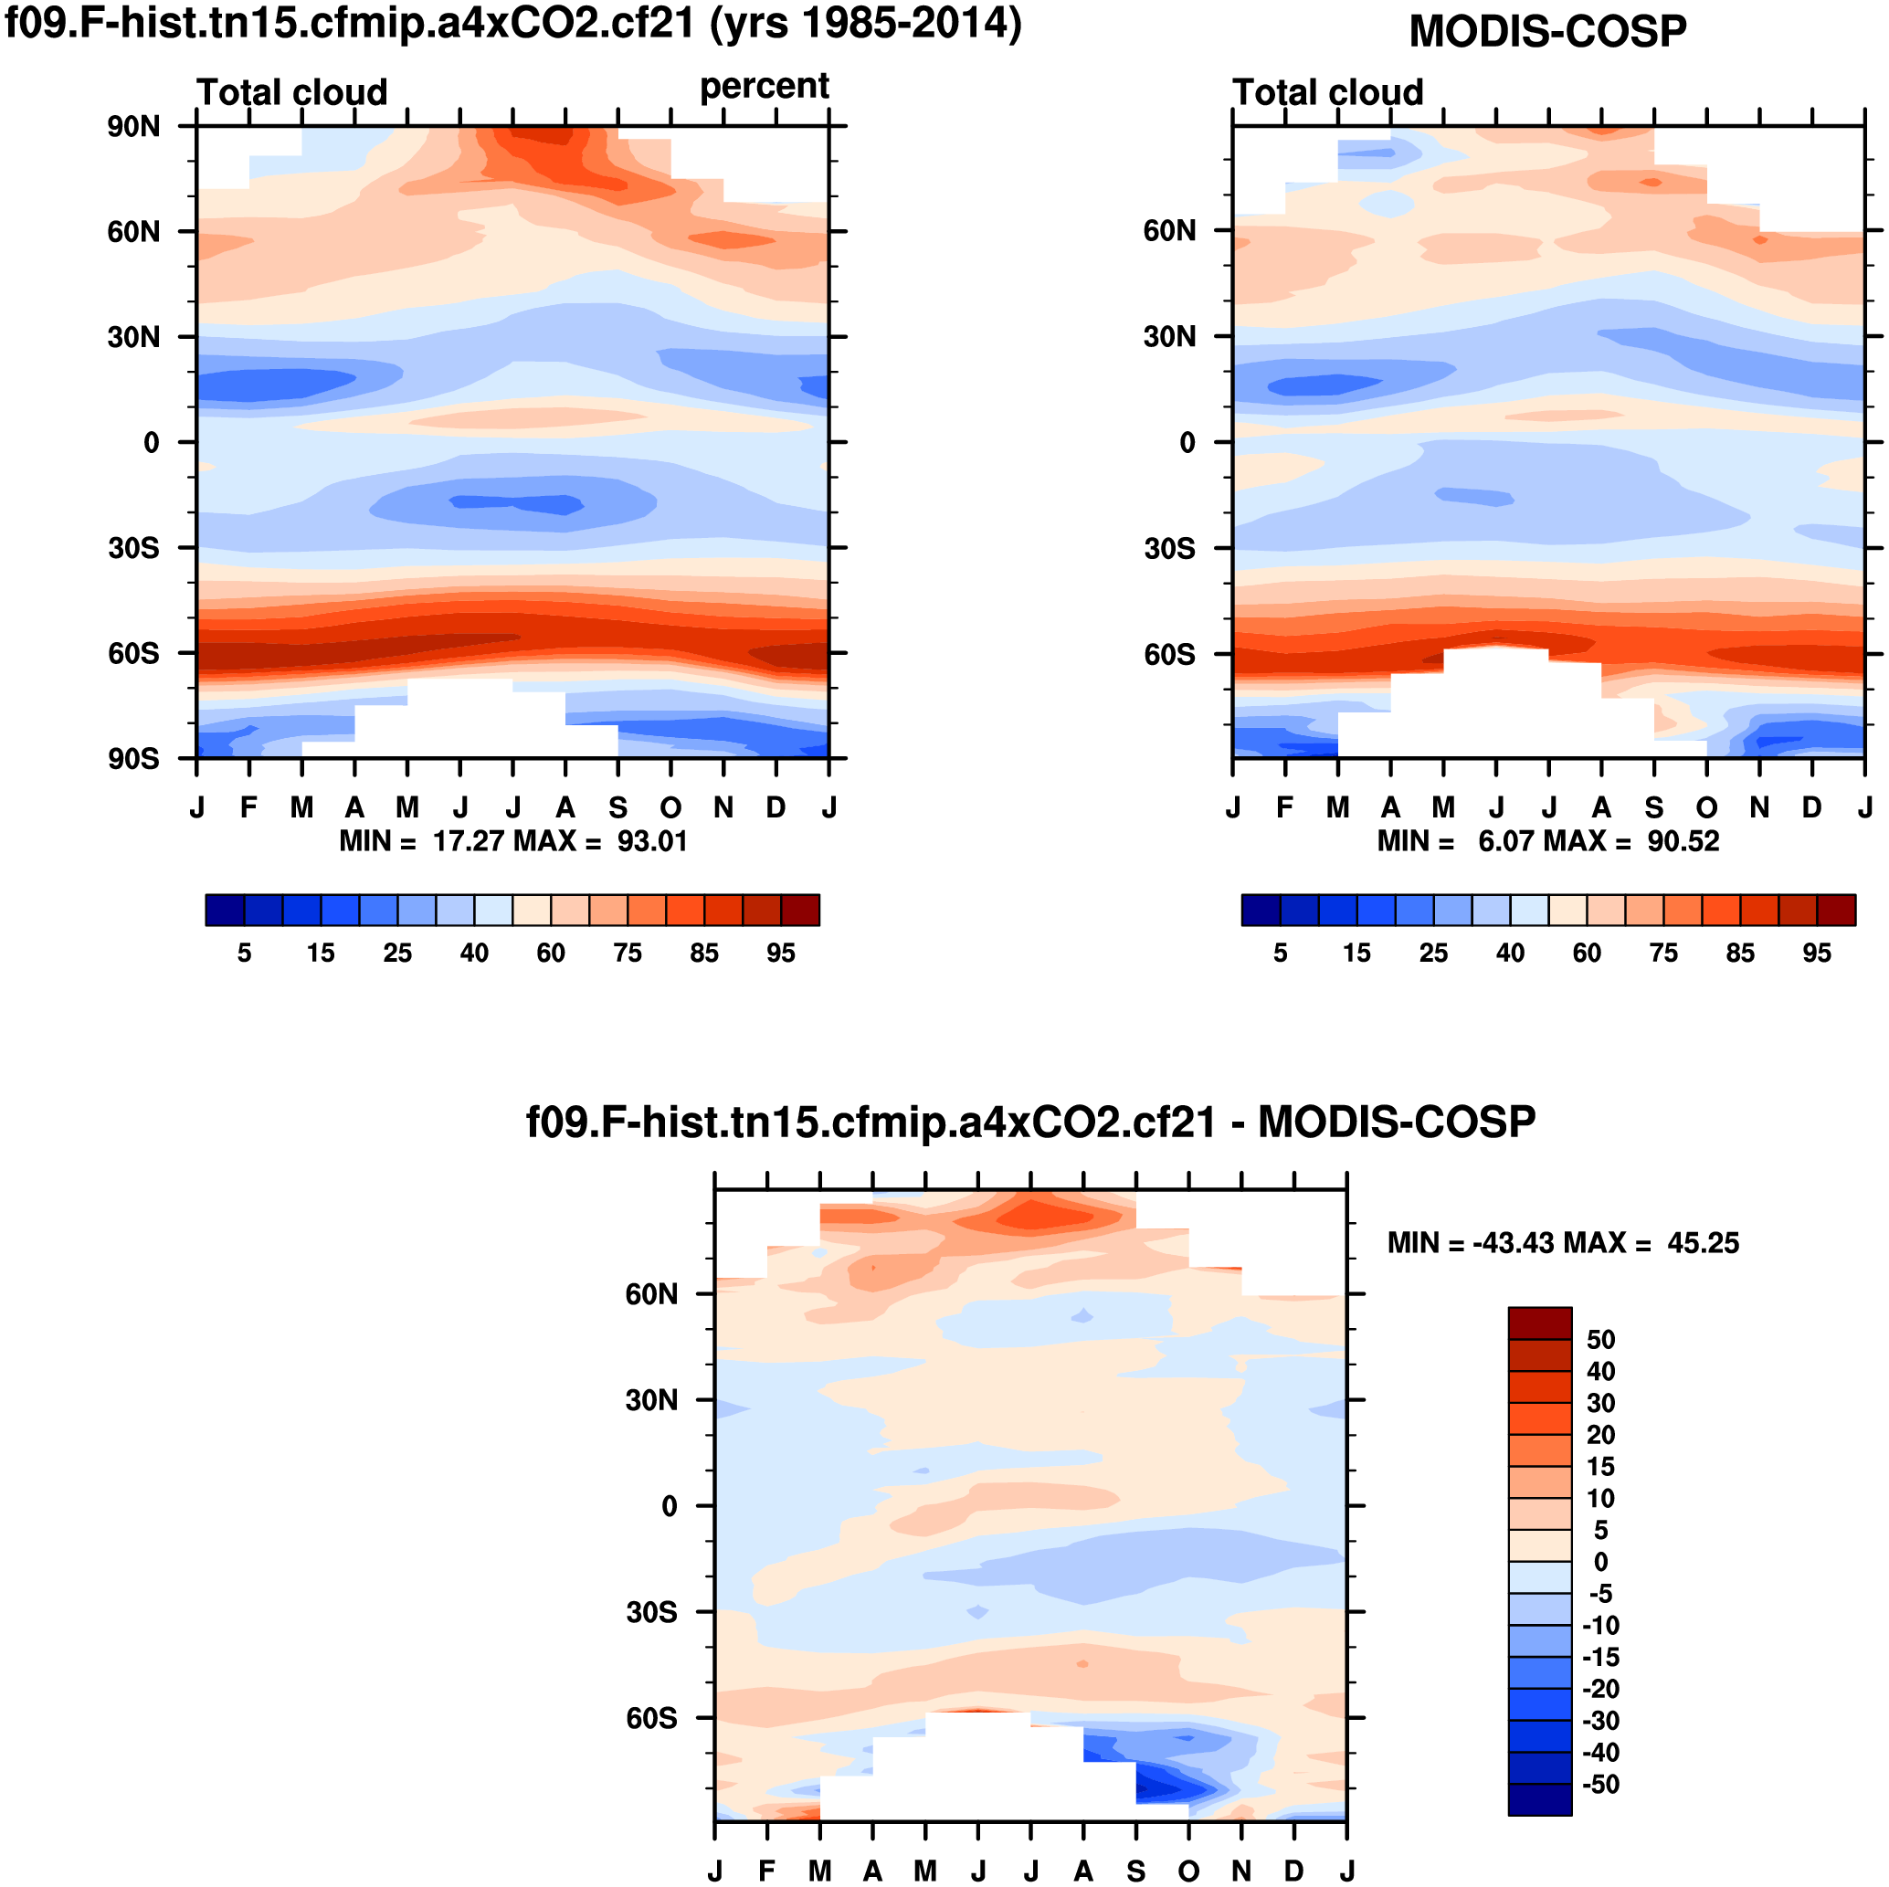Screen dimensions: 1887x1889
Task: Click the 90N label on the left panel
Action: click(x=134, y=126)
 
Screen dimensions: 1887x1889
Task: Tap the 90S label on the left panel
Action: click(x=134, y=759)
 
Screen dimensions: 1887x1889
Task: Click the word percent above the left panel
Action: click(x=764, y=87)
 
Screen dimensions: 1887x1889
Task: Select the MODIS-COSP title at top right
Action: click(x=1546, y=31)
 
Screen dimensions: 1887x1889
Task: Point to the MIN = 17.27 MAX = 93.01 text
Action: click(x=513, y=841)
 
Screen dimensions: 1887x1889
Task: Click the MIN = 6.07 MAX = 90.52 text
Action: click(x=1547, y=841)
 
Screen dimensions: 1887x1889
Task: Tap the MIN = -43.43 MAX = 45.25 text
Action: click(x=1562, y=1244)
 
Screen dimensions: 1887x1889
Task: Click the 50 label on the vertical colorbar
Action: click(x=1600, y=1340)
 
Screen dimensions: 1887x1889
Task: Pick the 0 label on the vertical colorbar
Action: click(x=1600, y=1563)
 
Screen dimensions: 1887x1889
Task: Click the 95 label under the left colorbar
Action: click(x=780, y=954)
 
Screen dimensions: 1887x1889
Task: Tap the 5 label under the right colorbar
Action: click(x=1280, y=954)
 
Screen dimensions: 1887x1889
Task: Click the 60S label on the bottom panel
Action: click(x=651, y=1718)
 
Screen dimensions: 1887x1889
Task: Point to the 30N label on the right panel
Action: click(x=1169, y=337)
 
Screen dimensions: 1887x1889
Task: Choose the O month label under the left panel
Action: click(x=670, y=808)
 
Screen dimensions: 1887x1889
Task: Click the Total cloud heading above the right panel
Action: click(x=1327, y=93)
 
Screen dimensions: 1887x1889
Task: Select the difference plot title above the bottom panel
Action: click(x=1030, y=1122)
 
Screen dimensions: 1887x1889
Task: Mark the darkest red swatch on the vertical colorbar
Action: click(x=1540, y=1323)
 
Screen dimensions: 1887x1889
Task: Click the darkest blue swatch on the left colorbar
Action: click(x=225, y=911)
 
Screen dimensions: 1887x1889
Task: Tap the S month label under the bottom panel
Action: click(x=1136, y=1871)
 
